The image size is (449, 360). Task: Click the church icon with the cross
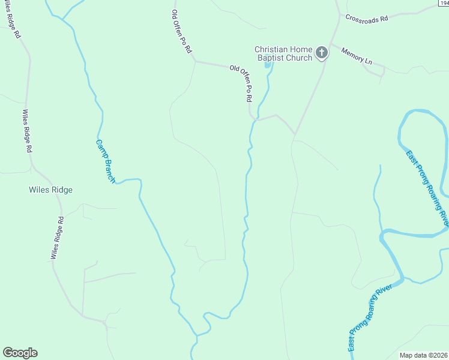(322, 53)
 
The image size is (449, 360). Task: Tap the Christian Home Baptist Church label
(283, 53)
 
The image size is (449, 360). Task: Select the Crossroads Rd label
(367, 19)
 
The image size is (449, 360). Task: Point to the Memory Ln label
(357, 57)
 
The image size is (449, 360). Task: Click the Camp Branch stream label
(105, 161)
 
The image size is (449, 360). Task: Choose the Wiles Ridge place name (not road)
(50, 190)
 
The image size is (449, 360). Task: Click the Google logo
(20, 353)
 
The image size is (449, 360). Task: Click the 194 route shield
(443, 4)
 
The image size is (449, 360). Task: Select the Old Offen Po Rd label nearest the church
(241, 83)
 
